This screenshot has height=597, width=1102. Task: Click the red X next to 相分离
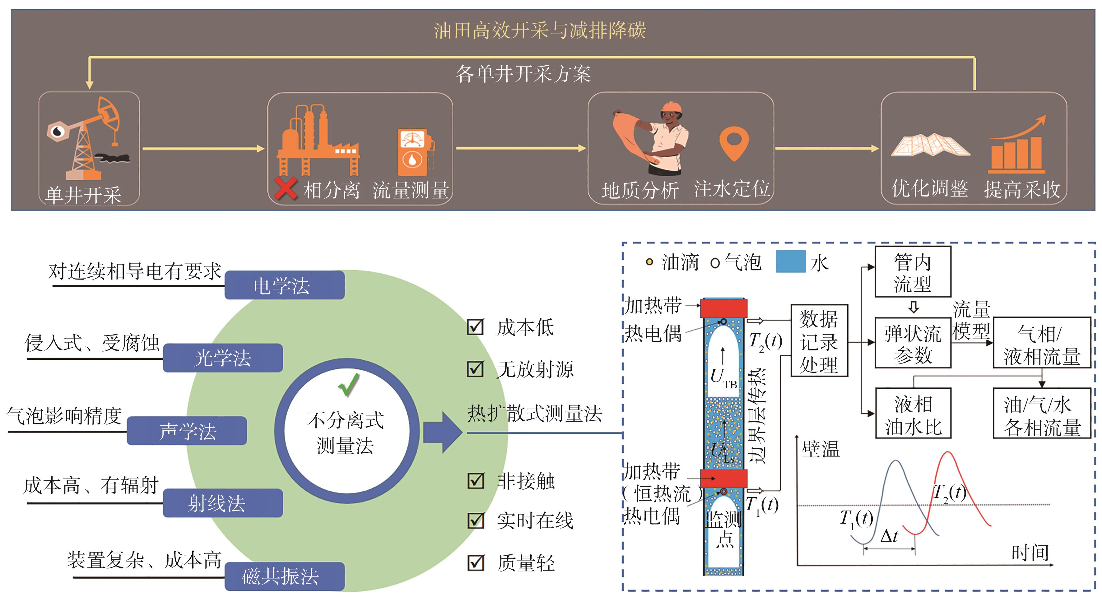(285, 189)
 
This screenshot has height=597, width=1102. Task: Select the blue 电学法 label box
(285, 285)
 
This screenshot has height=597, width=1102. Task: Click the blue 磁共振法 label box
(285, 576)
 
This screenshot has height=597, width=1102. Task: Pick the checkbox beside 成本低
(475, 327)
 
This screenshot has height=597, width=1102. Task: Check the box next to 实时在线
(475, 521)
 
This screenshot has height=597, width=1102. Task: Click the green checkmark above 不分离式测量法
(349, 385)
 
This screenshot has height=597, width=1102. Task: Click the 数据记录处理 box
(819, 340)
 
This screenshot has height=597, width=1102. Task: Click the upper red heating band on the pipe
(723, 308)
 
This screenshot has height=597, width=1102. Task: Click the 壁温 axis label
(820, 449)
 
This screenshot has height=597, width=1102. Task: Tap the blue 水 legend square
(791, 262)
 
